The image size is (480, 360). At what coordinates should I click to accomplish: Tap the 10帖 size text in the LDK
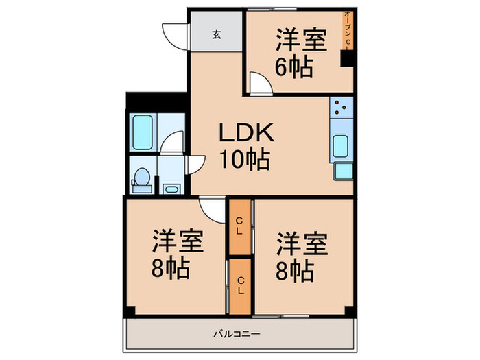point(244,160)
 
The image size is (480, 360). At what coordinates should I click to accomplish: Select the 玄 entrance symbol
point(215,35)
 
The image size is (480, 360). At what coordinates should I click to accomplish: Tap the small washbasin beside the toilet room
point(170,188)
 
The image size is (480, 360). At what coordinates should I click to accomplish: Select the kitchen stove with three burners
point(341,108)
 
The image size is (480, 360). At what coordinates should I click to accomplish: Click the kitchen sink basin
point(341,146)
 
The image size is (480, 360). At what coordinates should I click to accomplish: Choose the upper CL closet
point(239,225)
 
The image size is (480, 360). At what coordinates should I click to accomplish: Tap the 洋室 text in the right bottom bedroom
point(302,243)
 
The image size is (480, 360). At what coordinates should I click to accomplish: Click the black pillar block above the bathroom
point(156,101)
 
